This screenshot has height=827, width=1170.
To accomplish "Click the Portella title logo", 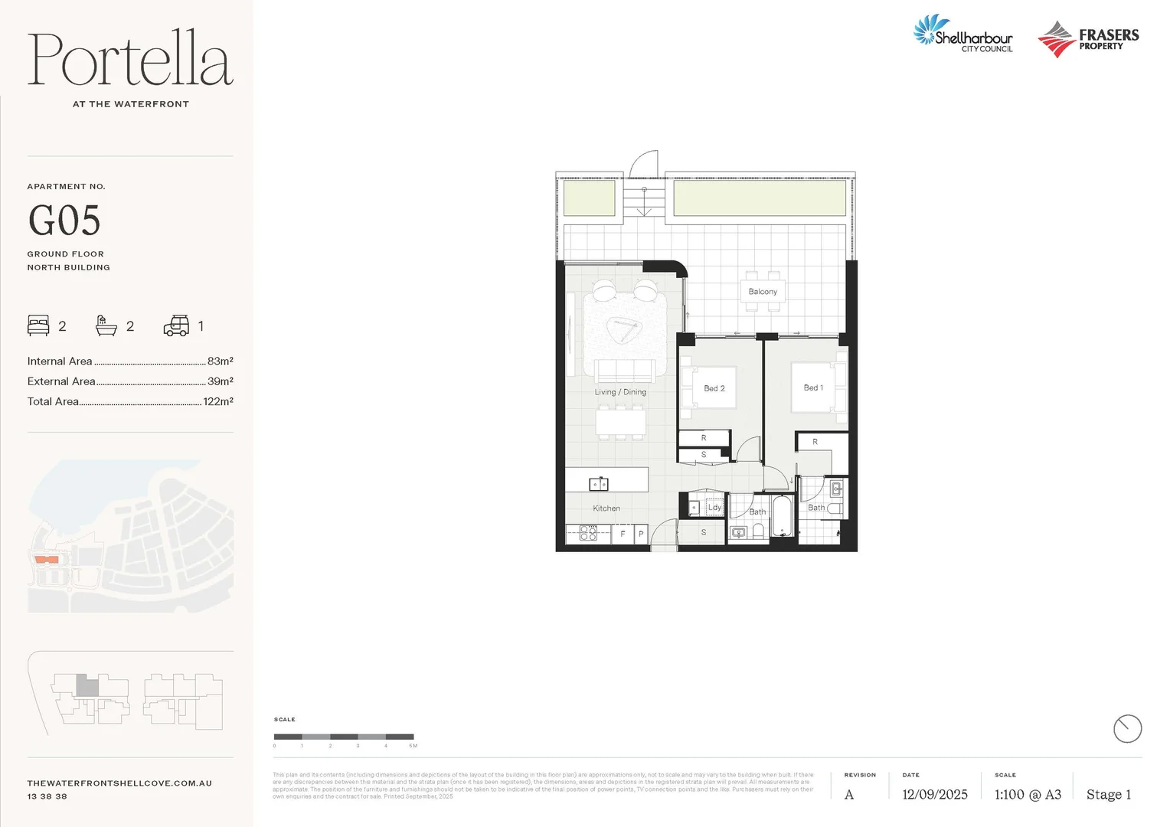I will (x=130, y=60).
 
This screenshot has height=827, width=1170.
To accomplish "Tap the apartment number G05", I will (x=64, y=221).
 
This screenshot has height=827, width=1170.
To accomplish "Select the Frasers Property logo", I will (x=1088, y=39).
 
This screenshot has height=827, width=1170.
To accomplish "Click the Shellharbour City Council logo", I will (x=963, y=34).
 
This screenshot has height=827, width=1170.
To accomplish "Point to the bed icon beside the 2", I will (x=38, y=325).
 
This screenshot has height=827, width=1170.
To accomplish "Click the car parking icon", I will (x=176, y=326).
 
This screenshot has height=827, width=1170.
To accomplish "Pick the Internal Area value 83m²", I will (x=220, y=361).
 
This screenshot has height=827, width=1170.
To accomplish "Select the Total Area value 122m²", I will (x=218, y=401).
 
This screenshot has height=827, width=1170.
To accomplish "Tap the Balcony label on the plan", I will (x=763, y=292).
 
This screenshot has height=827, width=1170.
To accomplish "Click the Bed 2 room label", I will (x=714, y=388).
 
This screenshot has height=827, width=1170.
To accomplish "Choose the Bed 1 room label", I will (x=813, y=387).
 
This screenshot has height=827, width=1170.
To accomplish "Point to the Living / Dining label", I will (x=620, y=392).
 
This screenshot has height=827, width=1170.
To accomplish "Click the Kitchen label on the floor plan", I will (x=606, y=508).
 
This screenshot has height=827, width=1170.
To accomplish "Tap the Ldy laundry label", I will (x=714, y=507).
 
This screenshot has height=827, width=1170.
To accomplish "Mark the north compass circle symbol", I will (x=1127, y=728).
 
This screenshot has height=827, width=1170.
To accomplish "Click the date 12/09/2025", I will (x=934, y=795).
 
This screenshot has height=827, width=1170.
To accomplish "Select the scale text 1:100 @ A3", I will (x=1028, y=795).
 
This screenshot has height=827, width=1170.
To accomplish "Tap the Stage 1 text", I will (x=1108, y=795).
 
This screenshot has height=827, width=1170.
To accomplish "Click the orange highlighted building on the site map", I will (x=47, y=560).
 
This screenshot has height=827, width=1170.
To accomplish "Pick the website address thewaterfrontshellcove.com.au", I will (x=119, y=783).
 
